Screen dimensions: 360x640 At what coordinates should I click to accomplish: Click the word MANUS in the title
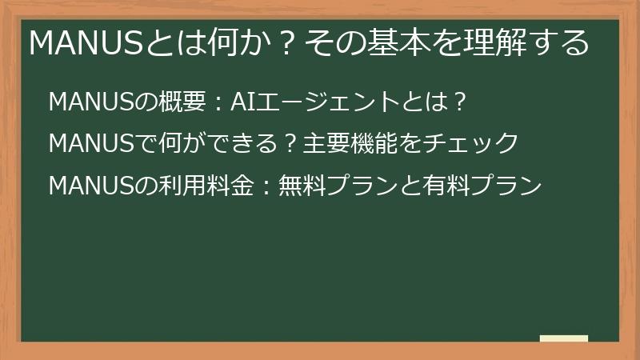point(86,42)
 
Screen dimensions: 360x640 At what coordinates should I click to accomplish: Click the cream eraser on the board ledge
point(563,338)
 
